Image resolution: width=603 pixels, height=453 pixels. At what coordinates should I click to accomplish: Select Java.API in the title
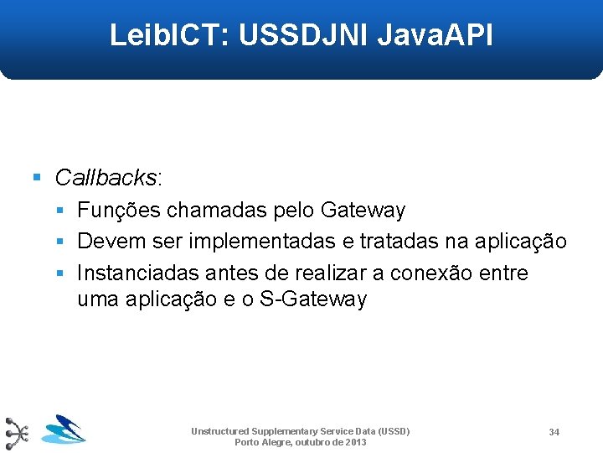pos(435,35)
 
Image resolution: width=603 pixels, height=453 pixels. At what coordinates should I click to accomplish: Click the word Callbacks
pos(106,178)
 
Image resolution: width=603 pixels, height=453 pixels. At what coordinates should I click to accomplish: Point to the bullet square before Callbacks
pos(36,178)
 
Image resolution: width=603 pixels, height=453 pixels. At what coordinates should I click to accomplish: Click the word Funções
pos(121,211)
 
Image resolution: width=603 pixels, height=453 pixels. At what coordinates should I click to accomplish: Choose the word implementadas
pos(263,242)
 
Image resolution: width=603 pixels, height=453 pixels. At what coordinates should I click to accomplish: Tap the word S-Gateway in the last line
pos(314,299)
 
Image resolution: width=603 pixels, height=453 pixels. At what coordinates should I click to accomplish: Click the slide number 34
pos(554,432)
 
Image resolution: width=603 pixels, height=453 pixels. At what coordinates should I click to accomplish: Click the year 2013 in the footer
pos(355,442)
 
